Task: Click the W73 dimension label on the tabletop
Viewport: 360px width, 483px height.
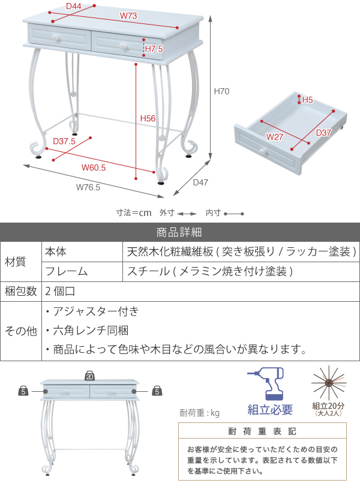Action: tap(128, 16)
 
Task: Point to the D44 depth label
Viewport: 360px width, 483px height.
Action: tap(74, 6)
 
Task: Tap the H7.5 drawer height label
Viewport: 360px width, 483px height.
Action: tap(154, 49)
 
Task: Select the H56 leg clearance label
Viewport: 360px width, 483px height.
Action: tap(148, 118)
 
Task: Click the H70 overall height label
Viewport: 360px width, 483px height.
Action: tap(221, 91)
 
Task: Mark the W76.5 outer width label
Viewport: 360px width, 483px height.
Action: tap(88, 187)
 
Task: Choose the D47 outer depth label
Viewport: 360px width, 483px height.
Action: tap(200, 182)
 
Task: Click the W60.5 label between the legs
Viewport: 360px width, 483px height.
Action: tap(94, 167)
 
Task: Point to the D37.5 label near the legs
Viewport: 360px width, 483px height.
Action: tap(64, 141)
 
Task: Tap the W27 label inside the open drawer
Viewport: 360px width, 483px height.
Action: tap(275, 137)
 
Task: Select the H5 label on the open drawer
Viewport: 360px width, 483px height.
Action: tap(307, 100)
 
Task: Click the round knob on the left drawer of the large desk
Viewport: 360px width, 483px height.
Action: tap(56, 38)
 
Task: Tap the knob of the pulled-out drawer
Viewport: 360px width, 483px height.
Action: tap(263, 151)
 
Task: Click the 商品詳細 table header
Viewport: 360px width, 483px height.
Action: tap(179, 232)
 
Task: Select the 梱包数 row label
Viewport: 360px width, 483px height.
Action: tap(20, 291)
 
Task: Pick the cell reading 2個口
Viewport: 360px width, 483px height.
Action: tap(60, 291)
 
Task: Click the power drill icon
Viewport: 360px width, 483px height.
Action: tap(266, 383)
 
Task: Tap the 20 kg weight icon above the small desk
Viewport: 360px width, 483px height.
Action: tap(89, 376)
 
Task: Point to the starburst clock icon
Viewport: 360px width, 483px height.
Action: tap(329, 383)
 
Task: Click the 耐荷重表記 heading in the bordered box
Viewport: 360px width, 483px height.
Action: tap(262, 431)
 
